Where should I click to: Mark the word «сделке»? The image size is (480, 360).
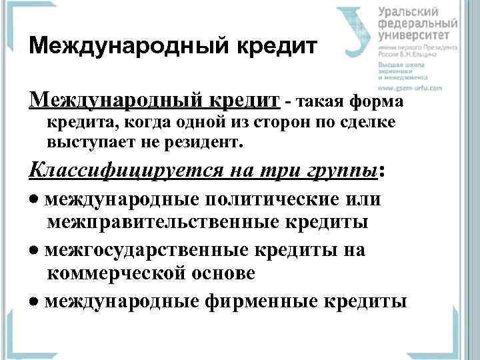point(366,122)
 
